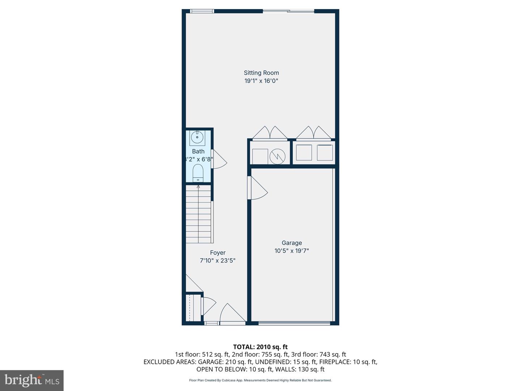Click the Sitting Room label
tap(261, 73)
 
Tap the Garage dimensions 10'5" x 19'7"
tap(292, 251)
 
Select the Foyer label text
tap(217, 253)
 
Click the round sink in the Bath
tap(197, 138)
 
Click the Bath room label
tap(198, 151)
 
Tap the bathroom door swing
tap(219, 159)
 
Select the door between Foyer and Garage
tap(257, 188)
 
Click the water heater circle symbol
tap(278, 156)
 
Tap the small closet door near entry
tap(208, 306)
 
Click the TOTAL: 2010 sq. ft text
tap(260, 347)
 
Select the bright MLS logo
tap(32, 380)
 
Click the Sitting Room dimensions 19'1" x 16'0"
tap(261, 81)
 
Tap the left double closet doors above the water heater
tap(270, 133)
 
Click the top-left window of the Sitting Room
tap(202, 11)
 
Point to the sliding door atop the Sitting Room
tap(288, 11)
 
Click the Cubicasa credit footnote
tap(260, 380)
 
